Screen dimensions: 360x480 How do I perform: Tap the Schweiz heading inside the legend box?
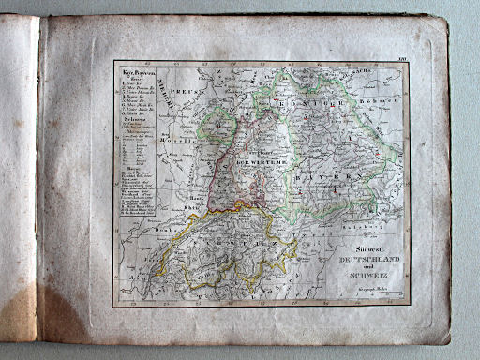(x=132, y=132)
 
